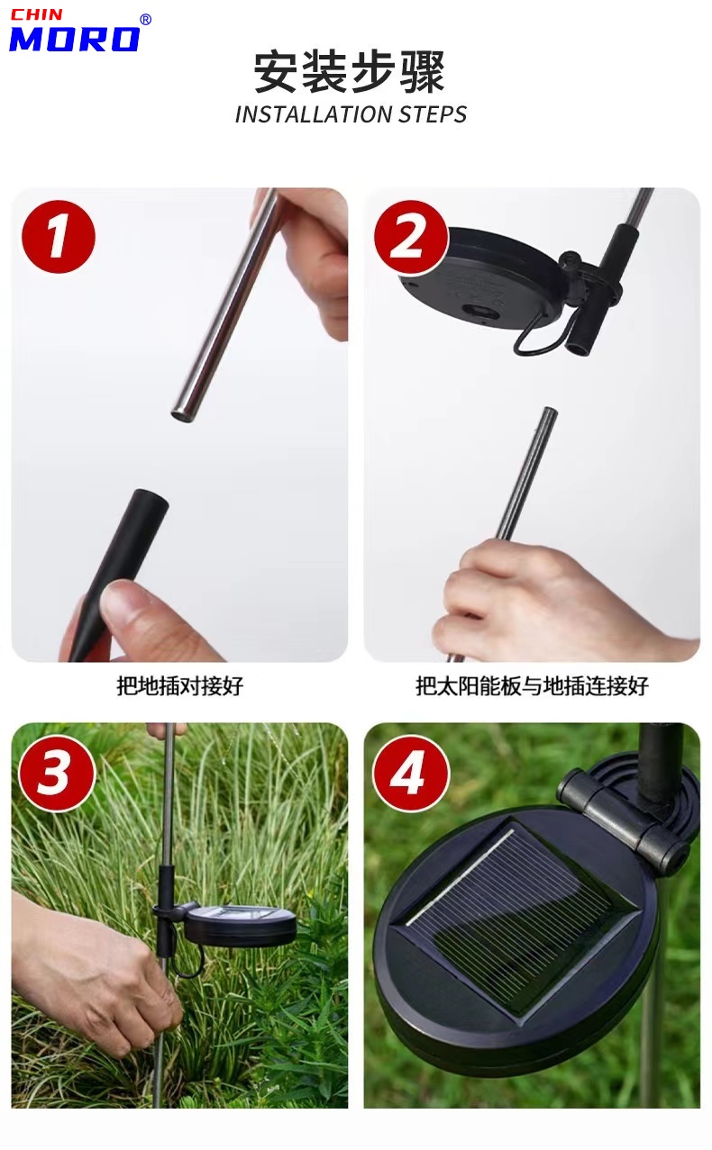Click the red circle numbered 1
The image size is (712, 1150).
click(59, 237)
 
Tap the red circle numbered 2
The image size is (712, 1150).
click(410, 237)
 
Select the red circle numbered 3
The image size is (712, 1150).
click(57, 773)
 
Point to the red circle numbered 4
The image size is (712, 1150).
click(410, 774)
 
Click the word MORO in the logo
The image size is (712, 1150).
click(75, 39)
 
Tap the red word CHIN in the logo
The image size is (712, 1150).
click(37, 14)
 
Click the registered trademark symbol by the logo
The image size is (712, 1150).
click(145, 20)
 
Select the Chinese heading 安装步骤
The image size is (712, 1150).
click(350, 71)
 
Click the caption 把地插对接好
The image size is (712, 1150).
click(179, 686)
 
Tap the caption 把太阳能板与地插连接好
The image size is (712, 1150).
click(532, 686)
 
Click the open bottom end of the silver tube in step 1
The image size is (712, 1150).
click(181, 413)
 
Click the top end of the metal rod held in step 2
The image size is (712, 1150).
click(550, 411)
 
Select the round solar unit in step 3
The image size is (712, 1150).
click(241, 925)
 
